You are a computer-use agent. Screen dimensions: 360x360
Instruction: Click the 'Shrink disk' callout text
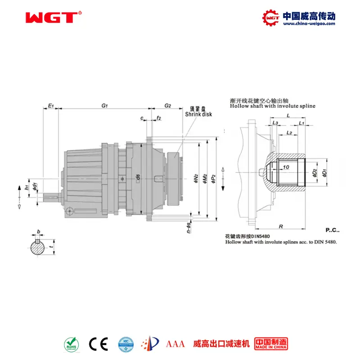point(198,114)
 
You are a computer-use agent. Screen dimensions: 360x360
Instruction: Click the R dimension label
point(280,227)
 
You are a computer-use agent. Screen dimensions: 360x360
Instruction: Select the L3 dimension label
point(275,123)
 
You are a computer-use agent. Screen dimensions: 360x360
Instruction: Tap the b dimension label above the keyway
point(39,232)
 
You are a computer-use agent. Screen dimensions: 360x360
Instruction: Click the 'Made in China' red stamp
point(271,344)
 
